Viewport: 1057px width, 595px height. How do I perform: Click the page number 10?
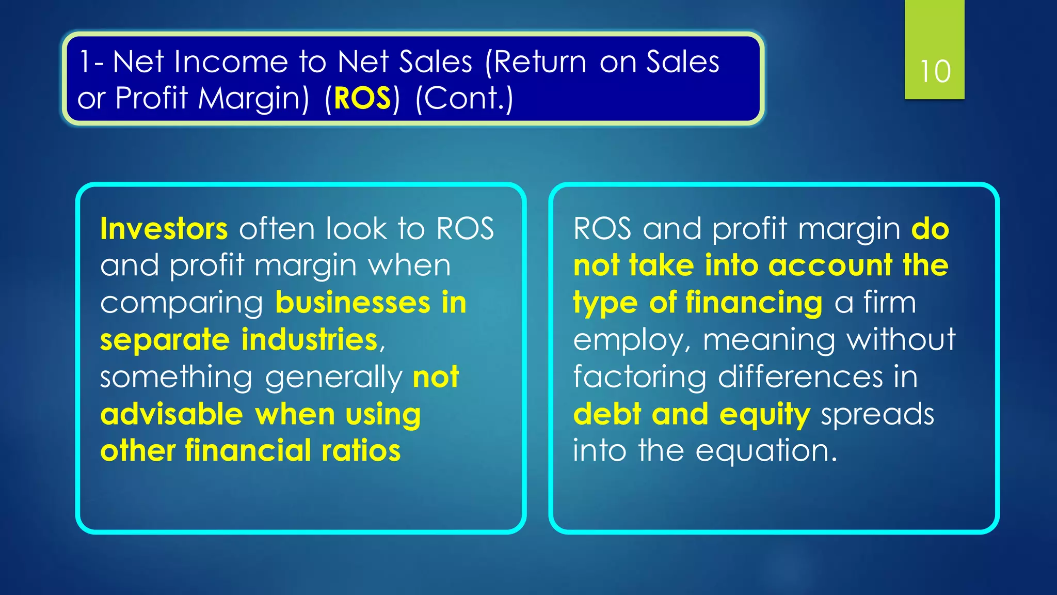coord(935,71)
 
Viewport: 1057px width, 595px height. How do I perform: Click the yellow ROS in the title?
coord(362,98)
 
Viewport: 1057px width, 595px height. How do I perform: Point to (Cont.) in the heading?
coord(465,98)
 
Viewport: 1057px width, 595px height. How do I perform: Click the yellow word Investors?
coord(164,229)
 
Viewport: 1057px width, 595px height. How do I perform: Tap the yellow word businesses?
coord(353,303)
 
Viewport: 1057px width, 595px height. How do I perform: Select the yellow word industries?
coord(310,340)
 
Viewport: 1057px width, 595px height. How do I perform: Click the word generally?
coord(333,378)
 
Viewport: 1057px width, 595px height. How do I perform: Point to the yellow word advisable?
coord(171,414)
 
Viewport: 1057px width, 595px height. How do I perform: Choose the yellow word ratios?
coord(361,451)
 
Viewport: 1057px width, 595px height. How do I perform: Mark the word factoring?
coord(639,378)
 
